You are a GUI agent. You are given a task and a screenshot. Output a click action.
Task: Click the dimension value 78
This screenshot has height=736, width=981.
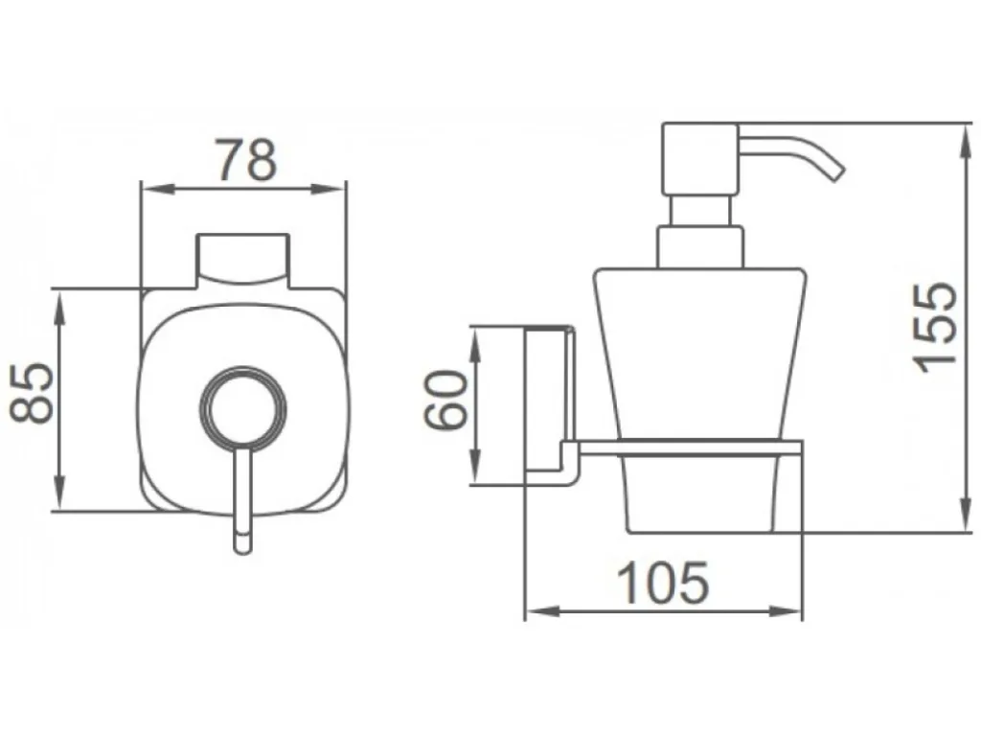pos(245,160)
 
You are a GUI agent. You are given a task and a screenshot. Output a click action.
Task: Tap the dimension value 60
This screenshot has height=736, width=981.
pos(446,400)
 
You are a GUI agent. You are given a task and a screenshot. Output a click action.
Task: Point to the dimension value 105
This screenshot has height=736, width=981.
pos(664,582)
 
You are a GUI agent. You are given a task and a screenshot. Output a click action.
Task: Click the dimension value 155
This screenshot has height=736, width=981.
pos(935,328)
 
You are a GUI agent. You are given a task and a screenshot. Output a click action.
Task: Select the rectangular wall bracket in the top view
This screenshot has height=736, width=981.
pos(244,261)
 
